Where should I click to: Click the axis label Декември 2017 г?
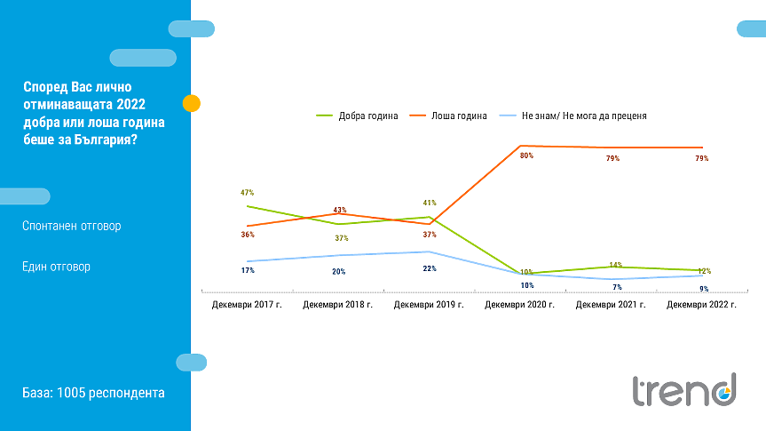(x=247, y=305)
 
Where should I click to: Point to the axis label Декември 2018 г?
(x=338, y=305)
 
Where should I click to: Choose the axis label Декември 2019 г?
(x=429, y=305)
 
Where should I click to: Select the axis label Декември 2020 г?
(x=520, y=305)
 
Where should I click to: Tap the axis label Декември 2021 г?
(x=611, y=305)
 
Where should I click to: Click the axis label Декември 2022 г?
(x=702, y=305)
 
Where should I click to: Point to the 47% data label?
(x=247, y=193)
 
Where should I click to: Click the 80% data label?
(x=526, y=156)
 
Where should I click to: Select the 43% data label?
(x=339, y=211)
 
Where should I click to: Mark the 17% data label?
(x=248, y=270)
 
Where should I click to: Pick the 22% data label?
(x=430, y=268)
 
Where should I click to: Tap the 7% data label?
(x=617, y=288)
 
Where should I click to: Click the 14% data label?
(x=616, y=266)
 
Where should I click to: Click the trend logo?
(x=684, y=390)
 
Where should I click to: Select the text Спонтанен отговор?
(x=72, y=226)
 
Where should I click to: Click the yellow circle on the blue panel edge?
(x=191, y=103)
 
